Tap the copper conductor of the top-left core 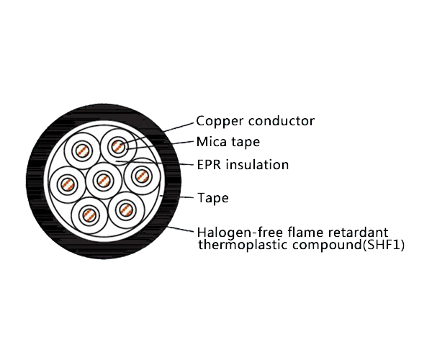pos(82,150)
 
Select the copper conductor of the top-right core pos(117,147)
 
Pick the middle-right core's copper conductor pos(140,175)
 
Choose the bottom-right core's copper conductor pos(125,210)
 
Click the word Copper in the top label pos(217,121)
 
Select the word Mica pos(212,142)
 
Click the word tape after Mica pos(246,143)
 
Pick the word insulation pos(257,165)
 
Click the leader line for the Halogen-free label pos(184,231)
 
